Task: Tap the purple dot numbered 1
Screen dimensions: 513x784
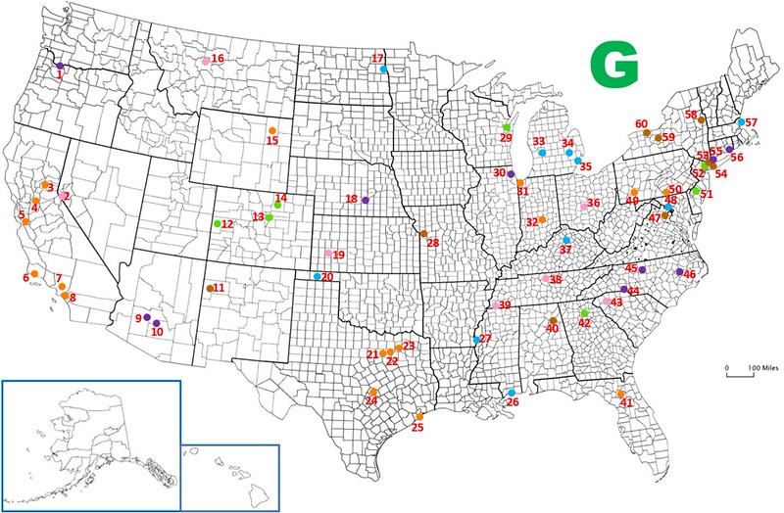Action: point(59,66)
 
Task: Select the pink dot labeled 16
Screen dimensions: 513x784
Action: point(205,62)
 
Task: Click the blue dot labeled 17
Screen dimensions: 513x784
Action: point(384,68)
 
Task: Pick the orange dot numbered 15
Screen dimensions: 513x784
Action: point(272,132)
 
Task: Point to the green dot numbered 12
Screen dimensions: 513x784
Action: point(216,224)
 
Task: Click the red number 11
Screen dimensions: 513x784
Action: point(220,288)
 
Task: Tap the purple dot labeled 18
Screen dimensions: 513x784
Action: point(365,200)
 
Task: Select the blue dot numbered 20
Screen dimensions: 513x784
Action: point(317,276)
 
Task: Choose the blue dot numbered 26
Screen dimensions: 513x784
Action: point(512,393)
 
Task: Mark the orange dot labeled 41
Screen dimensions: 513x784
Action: point(621,394)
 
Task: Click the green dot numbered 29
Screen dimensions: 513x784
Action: point(507,127)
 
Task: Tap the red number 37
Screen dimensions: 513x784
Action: point(565,250)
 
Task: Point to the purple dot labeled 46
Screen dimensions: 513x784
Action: point(680,272)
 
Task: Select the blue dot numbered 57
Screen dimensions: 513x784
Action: point(740,121)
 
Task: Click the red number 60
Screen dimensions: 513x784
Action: point(641,124)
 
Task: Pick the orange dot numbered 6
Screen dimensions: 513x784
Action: point(34,273)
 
